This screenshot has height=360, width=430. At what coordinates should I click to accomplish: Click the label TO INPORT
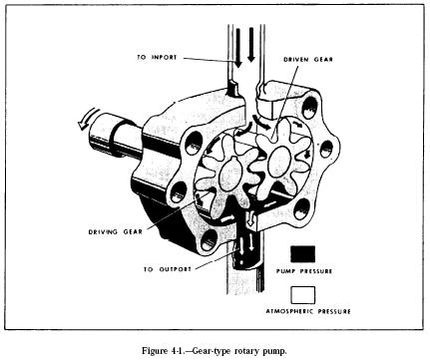click(157, 57)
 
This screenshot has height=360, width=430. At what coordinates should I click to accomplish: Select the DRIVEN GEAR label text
click(308, 60)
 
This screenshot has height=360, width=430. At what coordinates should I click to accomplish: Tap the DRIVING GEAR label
click(116, 231)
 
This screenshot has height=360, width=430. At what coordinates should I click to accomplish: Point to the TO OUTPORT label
click(168, 269)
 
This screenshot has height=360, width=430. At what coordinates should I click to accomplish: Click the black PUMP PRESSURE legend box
click(302, 254)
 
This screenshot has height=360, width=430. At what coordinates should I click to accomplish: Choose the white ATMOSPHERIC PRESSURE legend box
click(302, 295)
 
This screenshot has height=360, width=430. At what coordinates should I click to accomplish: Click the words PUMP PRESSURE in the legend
click(304, 271)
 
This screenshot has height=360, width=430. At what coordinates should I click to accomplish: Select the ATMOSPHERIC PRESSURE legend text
click(308, 311)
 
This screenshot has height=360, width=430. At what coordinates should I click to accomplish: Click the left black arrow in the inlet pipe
click(238, 48)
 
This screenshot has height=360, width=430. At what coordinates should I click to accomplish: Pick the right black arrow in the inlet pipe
click(251, 45)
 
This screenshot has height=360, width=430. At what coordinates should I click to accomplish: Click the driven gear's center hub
click(279, 162)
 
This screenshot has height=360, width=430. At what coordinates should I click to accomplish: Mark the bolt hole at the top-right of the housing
click(310, 107)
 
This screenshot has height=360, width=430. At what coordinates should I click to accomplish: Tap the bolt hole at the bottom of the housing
click(209, 240)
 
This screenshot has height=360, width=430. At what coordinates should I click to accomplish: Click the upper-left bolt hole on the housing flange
click(194, 143)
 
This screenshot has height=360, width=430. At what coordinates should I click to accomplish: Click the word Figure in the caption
click(153, 351)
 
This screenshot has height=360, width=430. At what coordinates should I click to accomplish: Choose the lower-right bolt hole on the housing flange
click(300, 208)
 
